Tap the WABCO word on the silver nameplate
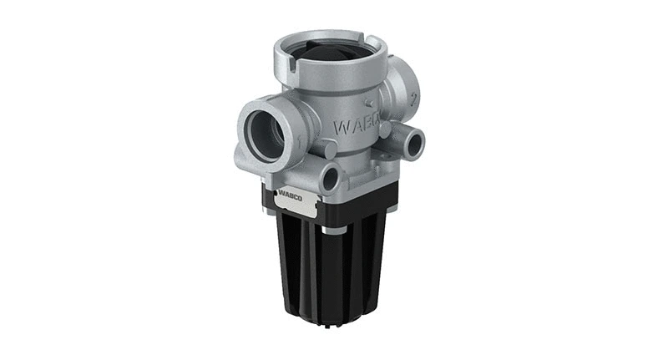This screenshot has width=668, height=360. [x=293, y=200]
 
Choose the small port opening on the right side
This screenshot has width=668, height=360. [x=413, y=141]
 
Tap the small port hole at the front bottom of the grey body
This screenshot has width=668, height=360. [x=329, y=177]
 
